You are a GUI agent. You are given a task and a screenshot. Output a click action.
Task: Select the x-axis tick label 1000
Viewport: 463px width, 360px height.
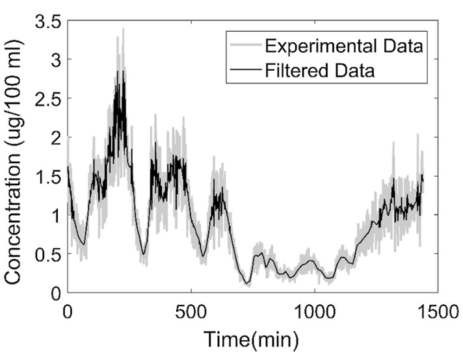tap(315, 310)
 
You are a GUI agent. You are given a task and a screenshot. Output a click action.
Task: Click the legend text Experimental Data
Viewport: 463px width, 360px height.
tap(344, 46)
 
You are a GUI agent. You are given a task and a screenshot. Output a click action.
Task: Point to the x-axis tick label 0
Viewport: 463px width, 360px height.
tap(68, 310)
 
